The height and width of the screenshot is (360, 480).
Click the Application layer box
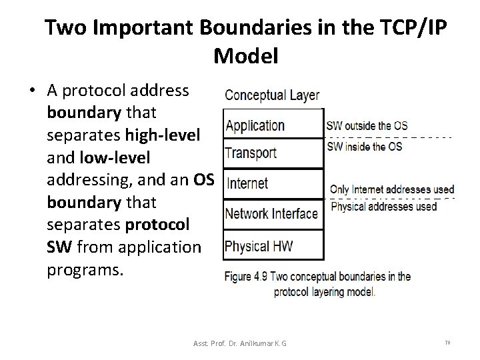pos(273,125)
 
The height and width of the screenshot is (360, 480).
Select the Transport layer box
pos(273,153)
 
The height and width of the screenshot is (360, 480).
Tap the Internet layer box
pos(273,183)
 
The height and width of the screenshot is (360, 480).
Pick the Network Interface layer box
pos(273,213)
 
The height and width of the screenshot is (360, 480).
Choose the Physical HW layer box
pos(273,245)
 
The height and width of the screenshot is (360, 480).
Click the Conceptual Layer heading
pos(272,96)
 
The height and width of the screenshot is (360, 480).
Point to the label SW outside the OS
pos(366,125)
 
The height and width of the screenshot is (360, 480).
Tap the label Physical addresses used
pos(383,207)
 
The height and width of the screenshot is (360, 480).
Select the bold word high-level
pos(162,135)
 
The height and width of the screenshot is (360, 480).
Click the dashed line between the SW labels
pos(388,137)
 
